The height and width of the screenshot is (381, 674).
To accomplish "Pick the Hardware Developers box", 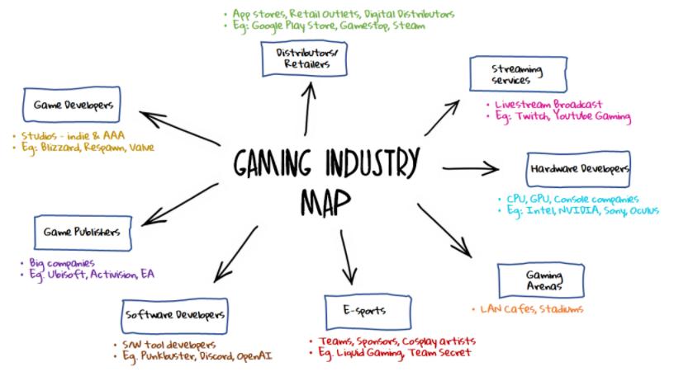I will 577,169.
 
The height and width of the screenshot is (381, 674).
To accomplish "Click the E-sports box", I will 364,310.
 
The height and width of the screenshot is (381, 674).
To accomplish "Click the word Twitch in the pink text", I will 537,117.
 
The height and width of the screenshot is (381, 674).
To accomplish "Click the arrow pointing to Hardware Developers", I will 471,169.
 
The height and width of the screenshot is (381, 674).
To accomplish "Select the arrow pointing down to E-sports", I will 348,257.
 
